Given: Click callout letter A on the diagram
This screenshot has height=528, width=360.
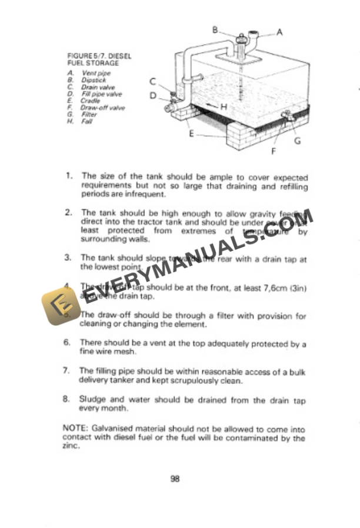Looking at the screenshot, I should pos(279,32).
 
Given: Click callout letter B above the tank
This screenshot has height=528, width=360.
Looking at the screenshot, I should pos(215,29).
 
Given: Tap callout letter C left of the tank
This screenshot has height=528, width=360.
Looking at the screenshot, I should pos(152,82).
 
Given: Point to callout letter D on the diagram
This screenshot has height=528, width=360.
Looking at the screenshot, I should pos(152,95).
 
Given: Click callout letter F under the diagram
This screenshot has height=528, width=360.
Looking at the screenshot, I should pos(273,151).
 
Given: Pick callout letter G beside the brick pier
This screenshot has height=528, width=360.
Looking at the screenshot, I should pos(297,141).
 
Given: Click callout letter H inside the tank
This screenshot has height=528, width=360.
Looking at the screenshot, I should pos(224,106).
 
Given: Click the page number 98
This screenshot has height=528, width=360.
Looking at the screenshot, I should pos(175,479).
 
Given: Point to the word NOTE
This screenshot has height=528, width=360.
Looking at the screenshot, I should pos(73,429).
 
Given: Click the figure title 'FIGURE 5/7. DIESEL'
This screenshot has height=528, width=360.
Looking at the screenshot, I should pos(99,56).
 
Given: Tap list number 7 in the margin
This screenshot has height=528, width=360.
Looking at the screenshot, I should pos(66,371).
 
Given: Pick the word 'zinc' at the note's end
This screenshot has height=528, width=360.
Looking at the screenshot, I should pos(70,446).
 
